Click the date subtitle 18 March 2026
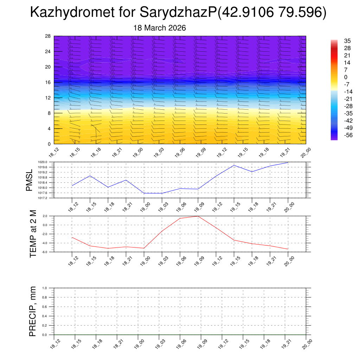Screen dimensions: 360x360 pos(160,28)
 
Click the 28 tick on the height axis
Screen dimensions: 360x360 pos(48,36)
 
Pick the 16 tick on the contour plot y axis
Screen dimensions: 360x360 pos(48,82)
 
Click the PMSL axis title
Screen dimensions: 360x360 pos(30,180)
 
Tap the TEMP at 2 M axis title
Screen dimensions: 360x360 pos(33,234)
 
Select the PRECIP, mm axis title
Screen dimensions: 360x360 pos(33,311)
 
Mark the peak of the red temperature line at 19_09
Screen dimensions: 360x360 pos(198,216)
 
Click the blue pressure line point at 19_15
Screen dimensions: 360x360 pos(234,165)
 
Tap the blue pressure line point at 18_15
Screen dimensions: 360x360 pos(90,176)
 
